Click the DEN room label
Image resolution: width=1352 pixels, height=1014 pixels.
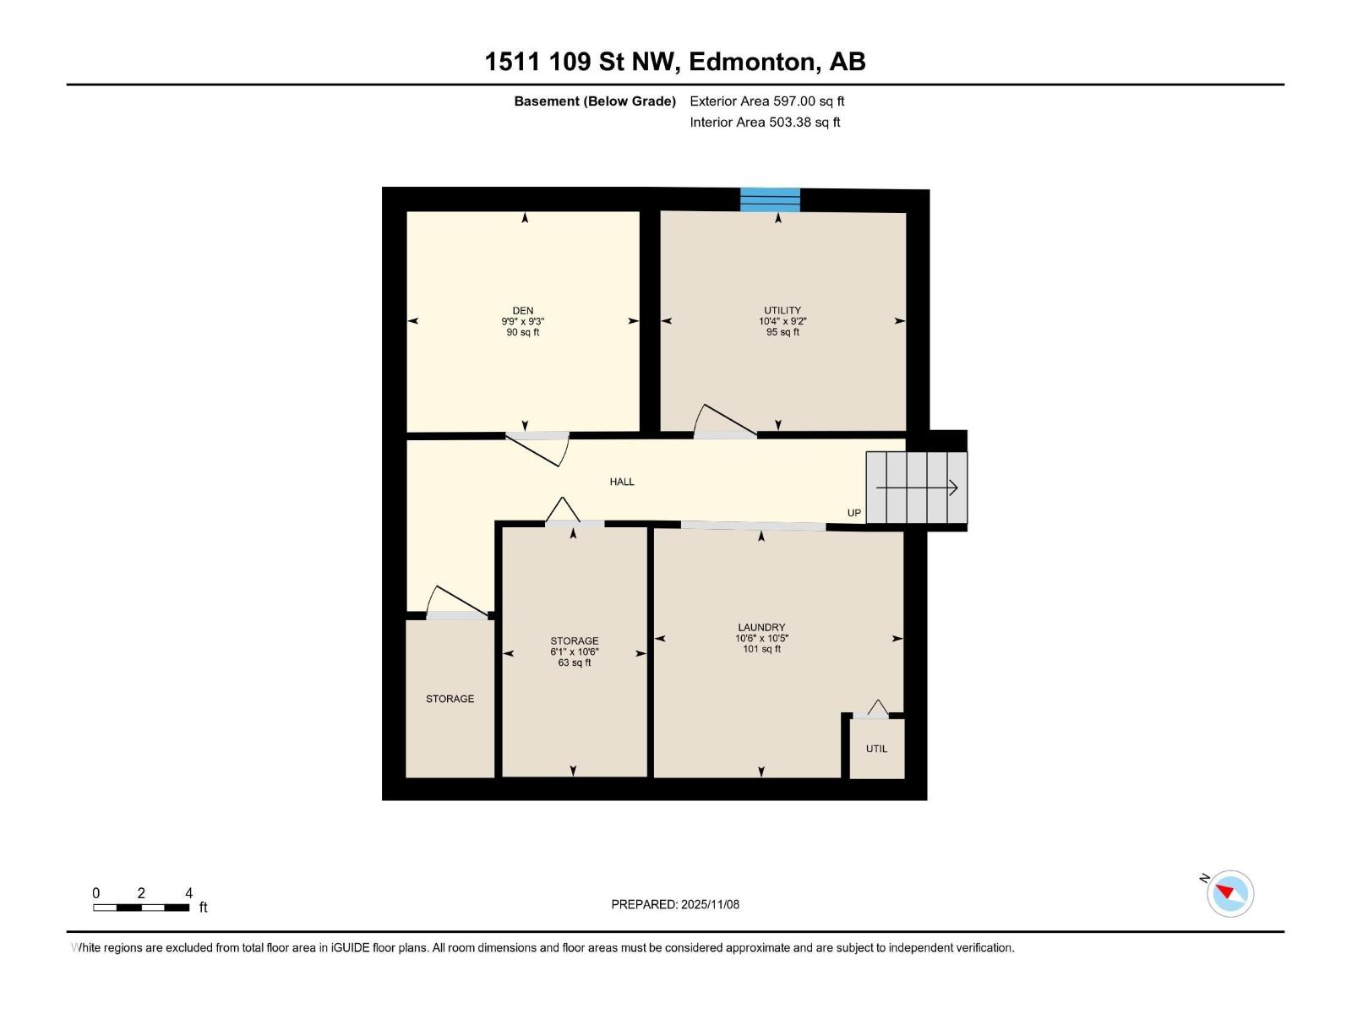[522, 310]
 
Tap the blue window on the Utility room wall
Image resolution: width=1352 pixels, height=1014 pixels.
[770, 200]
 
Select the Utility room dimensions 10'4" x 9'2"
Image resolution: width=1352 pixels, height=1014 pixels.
[782, 321]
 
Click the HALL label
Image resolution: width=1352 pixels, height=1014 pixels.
[622, 482]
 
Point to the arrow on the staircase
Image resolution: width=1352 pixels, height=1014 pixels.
[917, 488]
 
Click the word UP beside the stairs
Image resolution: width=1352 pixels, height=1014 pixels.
[854, 513]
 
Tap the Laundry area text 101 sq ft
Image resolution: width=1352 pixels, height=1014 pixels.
[761, 649]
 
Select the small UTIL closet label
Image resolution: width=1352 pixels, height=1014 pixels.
[876, 749]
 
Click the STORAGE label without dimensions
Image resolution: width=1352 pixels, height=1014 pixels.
[450, 699]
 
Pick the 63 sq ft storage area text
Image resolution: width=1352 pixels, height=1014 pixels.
[575, 662]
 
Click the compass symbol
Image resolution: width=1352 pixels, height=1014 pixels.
[1229, 893]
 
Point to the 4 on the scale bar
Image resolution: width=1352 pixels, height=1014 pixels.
[189, 893]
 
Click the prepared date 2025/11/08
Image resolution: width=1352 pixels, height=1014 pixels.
[710, 904]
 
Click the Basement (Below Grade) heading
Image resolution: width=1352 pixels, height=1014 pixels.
[595, 101]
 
